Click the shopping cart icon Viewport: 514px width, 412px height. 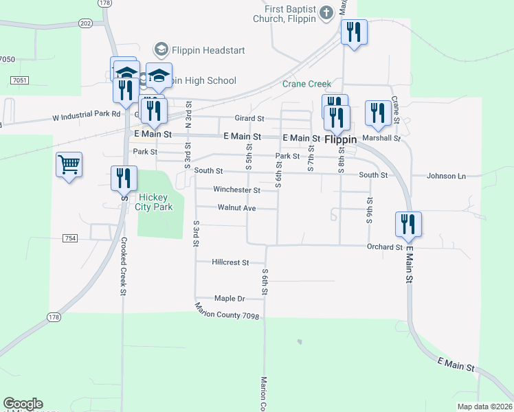pos(69,165)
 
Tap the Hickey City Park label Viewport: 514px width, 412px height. pos(155,201)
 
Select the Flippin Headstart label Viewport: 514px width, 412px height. pos(199,50)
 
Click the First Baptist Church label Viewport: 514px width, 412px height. pos(291,14)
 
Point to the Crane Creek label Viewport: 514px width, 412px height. pos(306,84)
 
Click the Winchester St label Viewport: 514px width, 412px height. pos(236,190)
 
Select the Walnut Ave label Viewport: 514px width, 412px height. pos(236,207)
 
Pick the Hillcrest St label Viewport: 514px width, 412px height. pos(230,262)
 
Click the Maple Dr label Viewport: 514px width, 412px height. pos(230,299)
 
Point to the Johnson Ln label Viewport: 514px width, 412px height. pos(446,176)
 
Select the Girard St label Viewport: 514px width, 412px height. pos(249,119)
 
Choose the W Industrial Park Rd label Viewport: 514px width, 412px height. pos(86,115)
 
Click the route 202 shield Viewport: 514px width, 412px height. pos(85,23)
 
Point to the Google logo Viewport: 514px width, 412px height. pos(23,404)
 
